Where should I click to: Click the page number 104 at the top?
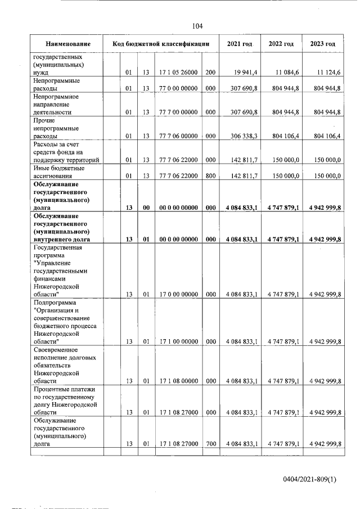(197, 26)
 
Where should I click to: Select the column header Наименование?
(68, 44)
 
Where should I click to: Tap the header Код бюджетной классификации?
(161, 44)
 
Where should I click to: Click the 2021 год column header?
(240, 44)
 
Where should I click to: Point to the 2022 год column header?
(281, 44)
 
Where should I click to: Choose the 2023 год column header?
(323, 44)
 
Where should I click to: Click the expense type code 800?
(210, 176)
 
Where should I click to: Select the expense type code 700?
(210, 444)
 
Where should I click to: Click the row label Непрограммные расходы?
(56, 84)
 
